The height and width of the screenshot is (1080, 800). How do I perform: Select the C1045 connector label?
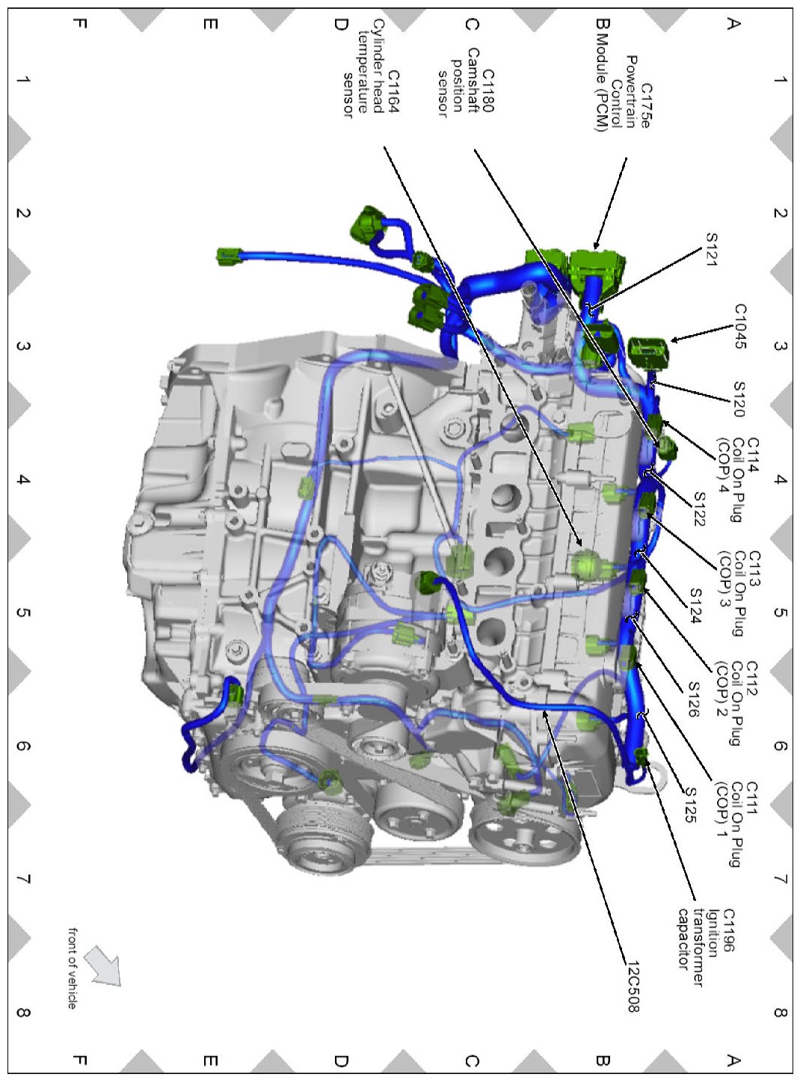click(x=739, y=326)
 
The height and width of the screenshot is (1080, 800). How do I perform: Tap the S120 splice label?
click(x=739, y=399)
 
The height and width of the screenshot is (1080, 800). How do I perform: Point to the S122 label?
click(x=699, y=509)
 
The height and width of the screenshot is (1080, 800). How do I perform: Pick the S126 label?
click(x=694, y=699)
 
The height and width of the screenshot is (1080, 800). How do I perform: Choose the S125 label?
click(x=691, y=805)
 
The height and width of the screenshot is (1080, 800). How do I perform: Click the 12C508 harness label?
click(x=633, y=987)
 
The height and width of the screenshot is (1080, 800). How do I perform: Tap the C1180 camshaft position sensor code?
click(x=487, y=90)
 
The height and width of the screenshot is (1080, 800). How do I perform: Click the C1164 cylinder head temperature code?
click(x=393, y=91)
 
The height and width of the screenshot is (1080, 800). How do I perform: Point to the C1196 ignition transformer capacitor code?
click(x=727, y=930)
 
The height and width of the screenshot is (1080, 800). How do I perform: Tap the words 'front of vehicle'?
click(x=73, y=968)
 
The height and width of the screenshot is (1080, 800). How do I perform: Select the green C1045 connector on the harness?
click(x=647, y=350)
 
